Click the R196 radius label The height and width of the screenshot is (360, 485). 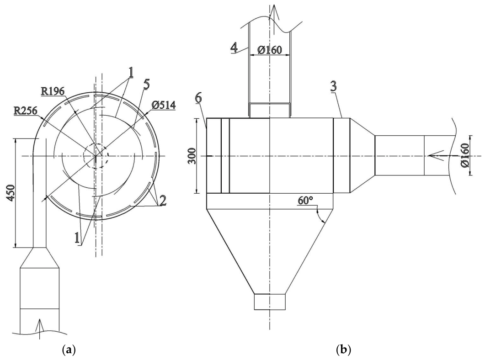pos(53,91)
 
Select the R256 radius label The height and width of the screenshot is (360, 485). pos(26,111)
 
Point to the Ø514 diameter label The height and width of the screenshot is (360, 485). pos(164,105)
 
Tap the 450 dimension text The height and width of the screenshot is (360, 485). pos(11,193)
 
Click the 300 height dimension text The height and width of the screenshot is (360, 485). pos(192,156)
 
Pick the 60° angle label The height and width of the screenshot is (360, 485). pos(305,201)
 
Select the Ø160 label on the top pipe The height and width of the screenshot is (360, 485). pos(269,50)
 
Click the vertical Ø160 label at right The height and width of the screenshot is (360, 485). pos(464,155)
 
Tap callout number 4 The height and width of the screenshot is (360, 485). pos(234,48)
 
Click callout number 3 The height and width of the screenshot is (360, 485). pos(333,87)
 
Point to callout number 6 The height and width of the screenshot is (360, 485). pos(198,98)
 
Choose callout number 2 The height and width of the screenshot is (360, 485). pos(162,200)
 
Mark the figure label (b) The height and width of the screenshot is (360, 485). pos(343,350)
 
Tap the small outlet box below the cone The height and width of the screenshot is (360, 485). pos(270,302)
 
